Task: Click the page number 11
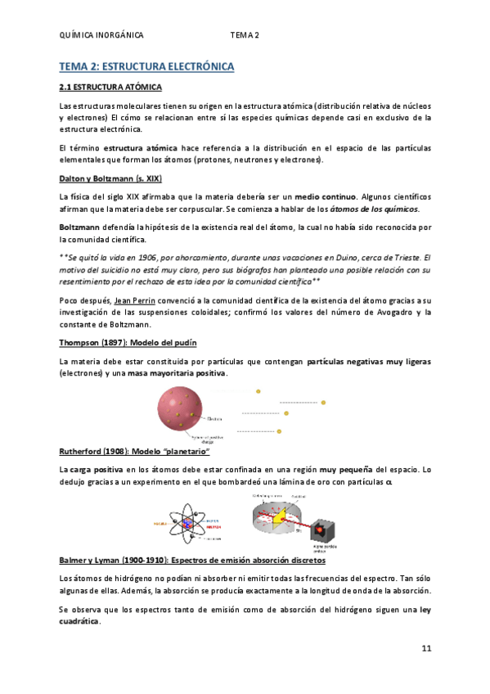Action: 426,648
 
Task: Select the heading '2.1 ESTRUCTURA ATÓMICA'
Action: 111,87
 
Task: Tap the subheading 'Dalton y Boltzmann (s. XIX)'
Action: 110,178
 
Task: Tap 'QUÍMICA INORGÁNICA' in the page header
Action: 101,35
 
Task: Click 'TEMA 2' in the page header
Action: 245,35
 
